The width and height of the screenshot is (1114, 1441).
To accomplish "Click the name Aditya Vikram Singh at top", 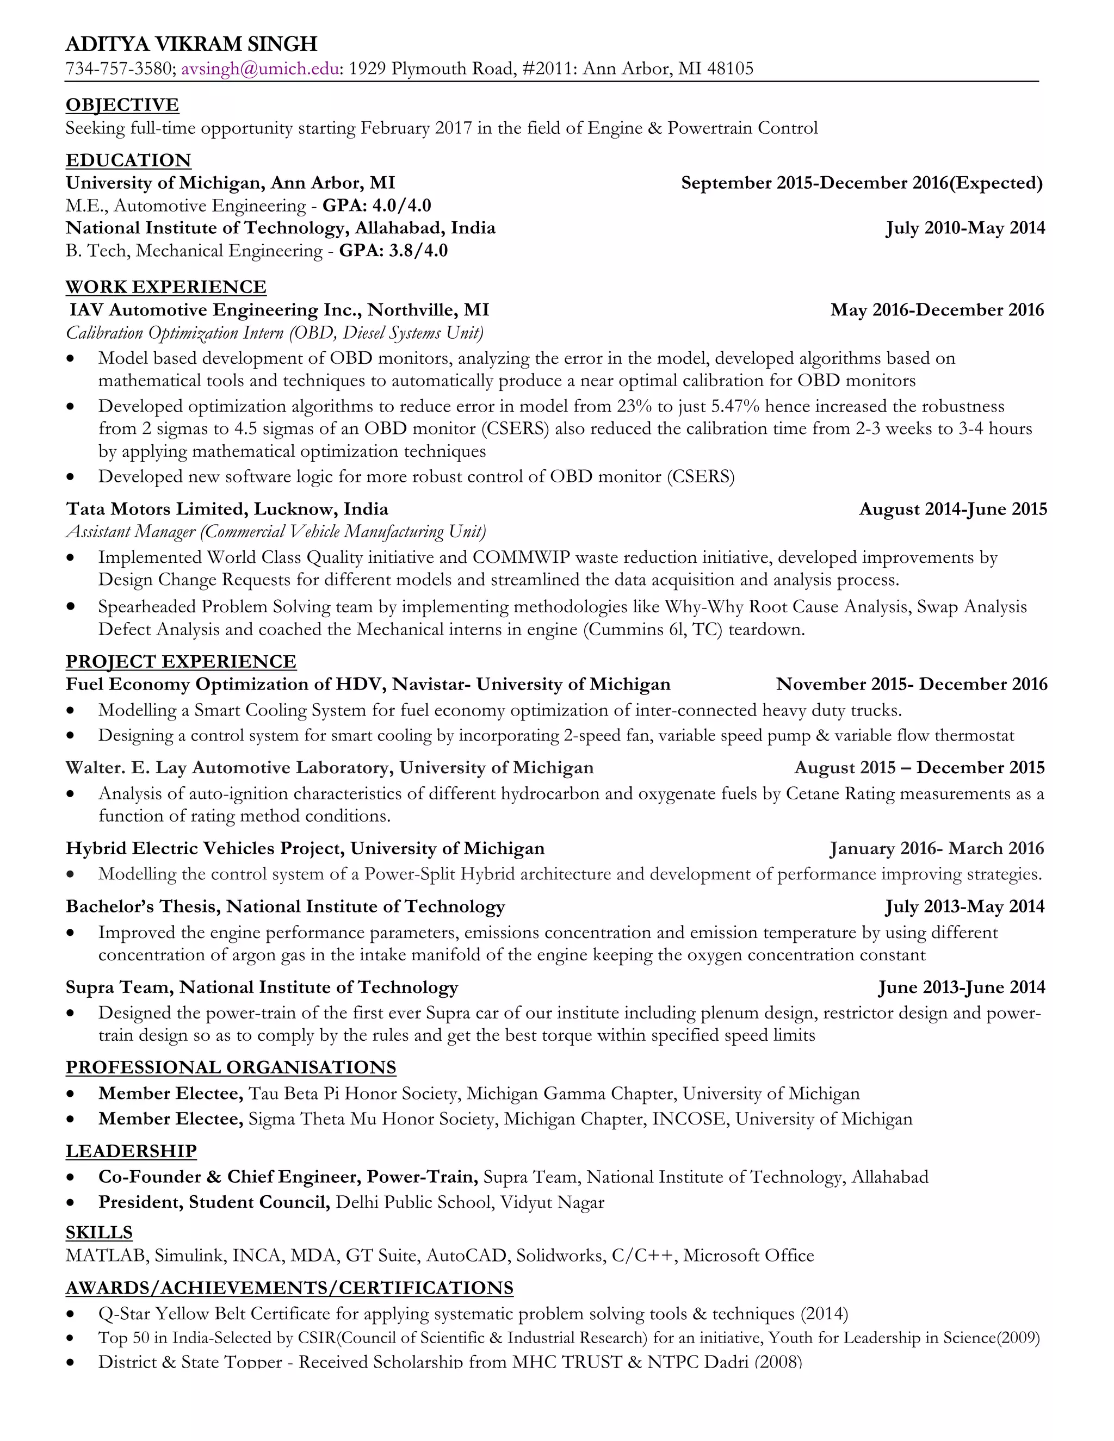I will [x=191, y=44].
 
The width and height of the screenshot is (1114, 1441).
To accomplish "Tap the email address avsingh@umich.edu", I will [x=261, y=69].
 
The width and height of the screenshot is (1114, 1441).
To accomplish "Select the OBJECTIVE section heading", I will [x=122, y=105].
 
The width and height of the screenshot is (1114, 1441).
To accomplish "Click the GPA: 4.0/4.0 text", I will [x=377, y=206].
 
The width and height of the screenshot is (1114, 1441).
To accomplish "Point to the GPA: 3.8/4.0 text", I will [x=393, y=251].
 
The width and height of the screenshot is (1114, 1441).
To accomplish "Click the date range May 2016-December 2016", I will [x=937, y=310].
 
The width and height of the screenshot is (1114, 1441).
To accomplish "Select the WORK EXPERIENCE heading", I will [x=166, y=287].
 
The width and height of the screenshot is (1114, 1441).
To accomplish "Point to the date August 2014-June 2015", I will [x=952, y=510].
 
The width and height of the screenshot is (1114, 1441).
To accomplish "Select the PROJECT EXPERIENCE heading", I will [x=181, y=662].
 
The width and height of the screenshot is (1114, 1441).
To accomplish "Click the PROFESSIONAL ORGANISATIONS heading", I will [x=231, y=1067].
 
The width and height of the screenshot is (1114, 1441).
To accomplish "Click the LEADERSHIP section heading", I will [x=131, y=1151].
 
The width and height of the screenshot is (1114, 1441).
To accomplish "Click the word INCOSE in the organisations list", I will [x=690, y=1119].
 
